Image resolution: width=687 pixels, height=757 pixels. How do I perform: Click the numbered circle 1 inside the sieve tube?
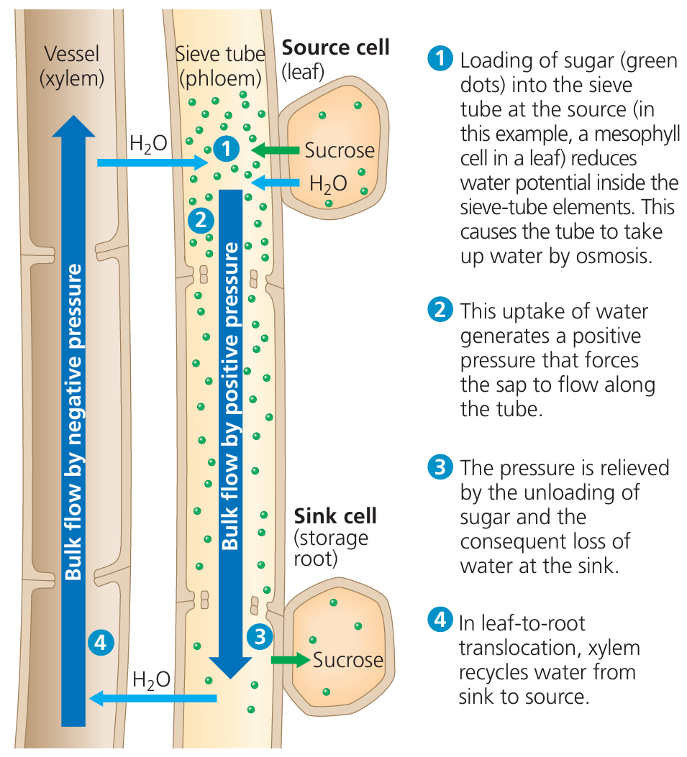pos(226,149)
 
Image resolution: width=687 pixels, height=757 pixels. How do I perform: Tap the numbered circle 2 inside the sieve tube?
pos(201,218)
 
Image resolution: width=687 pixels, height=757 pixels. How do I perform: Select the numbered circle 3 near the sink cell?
pos(260,636)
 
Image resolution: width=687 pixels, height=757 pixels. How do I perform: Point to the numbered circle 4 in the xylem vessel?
pos(100,642)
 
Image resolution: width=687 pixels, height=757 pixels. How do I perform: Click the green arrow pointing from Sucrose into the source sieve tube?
pos(276,150)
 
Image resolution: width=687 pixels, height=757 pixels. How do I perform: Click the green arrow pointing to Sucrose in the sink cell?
pos(290,659)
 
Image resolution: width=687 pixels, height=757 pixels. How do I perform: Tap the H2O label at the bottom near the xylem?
pos(152,679)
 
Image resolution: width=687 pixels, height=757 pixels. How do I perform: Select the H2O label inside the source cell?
pos(327,184)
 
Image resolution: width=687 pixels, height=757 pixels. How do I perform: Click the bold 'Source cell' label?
pos(335,48)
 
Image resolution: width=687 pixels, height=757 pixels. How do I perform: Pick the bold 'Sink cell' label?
pos(335,515)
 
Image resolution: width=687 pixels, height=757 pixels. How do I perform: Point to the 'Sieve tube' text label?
pos(220,53)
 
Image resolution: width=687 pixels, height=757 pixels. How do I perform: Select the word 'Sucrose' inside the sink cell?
pos(348,659)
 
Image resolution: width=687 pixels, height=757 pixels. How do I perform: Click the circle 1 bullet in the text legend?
pos(438,60)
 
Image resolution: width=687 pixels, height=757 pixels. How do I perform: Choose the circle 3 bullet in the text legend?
pos(438,468)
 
